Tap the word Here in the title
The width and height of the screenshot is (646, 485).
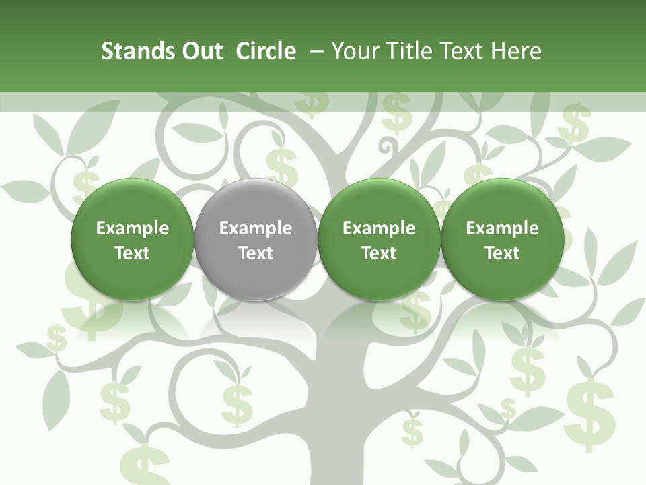[x=516, y=51]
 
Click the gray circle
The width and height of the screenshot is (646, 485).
[x=256, y=239]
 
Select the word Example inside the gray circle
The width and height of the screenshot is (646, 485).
[x=256, y=228]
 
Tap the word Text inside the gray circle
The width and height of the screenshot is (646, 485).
[x=256, y=253]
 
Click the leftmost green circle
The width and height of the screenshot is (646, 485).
[x=133, y=239]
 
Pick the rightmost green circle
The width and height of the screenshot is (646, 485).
[x=503, y=239]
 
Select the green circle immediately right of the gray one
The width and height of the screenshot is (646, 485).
[x=379, y=239]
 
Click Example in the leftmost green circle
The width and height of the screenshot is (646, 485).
[x=133, y=228]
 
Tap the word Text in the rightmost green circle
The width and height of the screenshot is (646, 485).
[x=503, y=253]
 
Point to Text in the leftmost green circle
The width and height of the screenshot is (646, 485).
[x=133, y=253]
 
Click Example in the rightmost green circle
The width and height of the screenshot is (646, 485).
[x=503, y=228]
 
